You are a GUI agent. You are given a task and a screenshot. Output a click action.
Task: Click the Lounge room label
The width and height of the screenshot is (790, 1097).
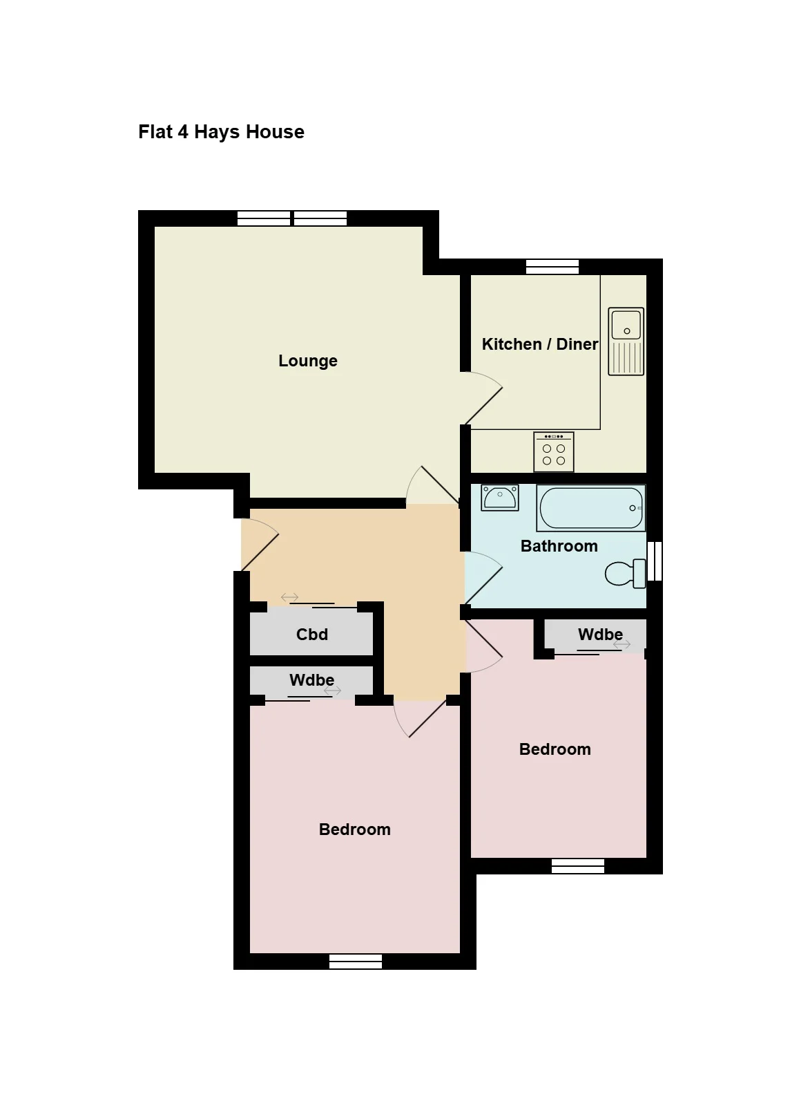coord(308,362)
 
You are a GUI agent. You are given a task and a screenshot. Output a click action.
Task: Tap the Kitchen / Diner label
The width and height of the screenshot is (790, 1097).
coord(539,344)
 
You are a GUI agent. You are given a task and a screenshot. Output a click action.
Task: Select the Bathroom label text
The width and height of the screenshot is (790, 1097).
coord(559,546)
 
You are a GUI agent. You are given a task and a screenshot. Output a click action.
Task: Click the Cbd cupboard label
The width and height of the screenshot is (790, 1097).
coord(311,634)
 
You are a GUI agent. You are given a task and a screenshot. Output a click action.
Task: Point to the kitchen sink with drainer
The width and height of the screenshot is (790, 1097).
coord(626,341)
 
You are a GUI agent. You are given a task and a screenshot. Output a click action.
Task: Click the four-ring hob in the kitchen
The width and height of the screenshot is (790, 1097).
coord(554,451)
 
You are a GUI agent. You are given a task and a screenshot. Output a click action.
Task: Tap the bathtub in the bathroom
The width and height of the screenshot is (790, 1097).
coord(591,508)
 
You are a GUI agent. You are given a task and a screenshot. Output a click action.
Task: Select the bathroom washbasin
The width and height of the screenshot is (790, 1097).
coord(499,498)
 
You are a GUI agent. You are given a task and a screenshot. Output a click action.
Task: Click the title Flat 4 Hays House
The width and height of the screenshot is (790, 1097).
coord(221,132)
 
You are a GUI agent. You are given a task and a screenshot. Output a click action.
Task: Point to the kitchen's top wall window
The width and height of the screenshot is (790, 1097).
coord(552,267)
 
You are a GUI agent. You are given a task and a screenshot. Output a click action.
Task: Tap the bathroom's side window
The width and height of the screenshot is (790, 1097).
coord(655,561)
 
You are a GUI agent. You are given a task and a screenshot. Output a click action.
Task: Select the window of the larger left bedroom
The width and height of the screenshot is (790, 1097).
coord(355,962)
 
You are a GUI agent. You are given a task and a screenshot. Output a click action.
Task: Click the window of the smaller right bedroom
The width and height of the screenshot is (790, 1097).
coord(578,866)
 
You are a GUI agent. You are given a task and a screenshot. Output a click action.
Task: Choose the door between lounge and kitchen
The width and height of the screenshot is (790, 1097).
coord(483,397)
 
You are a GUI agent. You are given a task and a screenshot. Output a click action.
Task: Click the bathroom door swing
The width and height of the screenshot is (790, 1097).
coord(483,579)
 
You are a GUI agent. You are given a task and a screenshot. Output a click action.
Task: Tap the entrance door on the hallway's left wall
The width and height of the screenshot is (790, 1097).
coord(260,545)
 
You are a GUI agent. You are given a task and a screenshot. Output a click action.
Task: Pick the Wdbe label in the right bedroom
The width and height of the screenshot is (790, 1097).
coord(600,634)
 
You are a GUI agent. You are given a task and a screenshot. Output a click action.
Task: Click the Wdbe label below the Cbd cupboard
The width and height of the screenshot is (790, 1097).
coord(311,679)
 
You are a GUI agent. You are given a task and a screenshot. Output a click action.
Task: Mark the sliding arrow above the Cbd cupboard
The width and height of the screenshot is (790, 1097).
coord(289,597)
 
